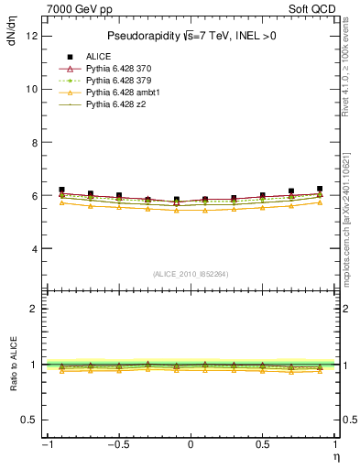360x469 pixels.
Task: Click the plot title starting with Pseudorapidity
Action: click(x=190, y=36)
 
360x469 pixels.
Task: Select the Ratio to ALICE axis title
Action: click(x=12, y=365)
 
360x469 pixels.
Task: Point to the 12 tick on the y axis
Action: click(x=32, y=36)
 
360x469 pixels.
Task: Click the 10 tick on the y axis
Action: click(x=32, y=89)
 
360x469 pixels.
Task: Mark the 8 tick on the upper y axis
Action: click(x=34, y=143)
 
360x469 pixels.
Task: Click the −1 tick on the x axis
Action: click(x=45, y=445)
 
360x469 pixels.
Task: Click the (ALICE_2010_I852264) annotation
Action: click(x=190, y=274)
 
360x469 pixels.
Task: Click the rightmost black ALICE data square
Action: click(x=320, y=189)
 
